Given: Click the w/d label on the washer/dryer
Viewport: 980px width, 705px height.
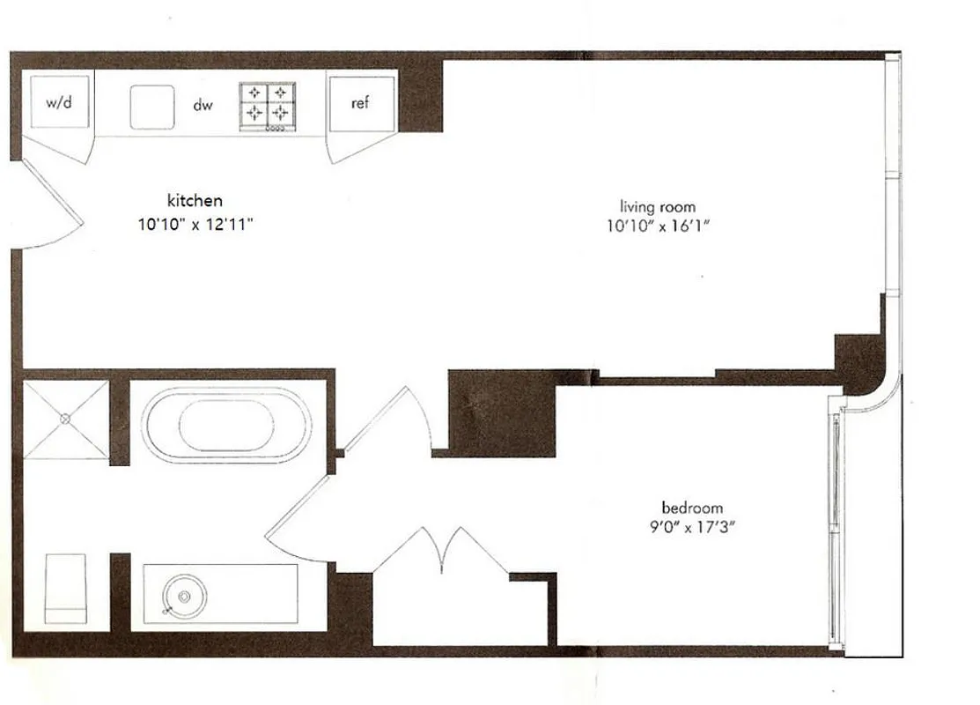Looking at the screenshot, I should click(x=58, y=102).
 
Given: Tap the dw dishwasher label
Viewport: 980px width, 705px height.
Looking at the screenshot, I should click(x=203, y=106).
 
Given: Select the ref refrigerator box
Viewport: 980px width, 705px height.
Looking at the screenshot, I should click(x=360, y=103).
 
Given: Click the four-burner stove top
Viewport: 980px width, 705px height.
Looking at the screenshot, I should click(x=267, y=106).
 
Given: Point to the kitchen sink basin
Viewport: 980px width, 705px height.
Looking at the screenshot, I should click(x=152, y=107).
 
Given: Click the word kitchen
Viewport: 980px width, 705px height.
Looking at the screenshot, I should click(x=195, y=201).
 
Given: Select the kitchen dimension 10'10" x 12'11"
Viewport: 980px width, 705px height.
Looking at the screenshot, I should click(x=195, y=224).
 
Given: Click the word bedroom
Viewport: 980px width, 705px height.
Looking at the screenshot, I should click(x=692, y=508).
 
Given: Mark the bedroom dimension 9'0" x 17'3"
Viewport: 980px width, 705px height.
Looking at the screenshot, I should click(x=692, y=528).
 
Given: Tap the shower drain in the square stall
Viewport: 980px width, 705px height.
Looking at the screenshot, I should click(x=65, y=419).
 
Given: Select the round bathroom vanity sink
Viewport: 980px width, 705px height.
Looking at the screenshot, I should click(x=183, y=597).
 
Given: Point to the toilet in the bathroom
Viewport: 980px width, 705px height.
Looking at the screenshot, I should click(x=66, y=588).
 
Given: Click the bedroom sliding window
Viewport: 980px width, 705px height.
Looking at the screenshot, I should click(x=834, y=529).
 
